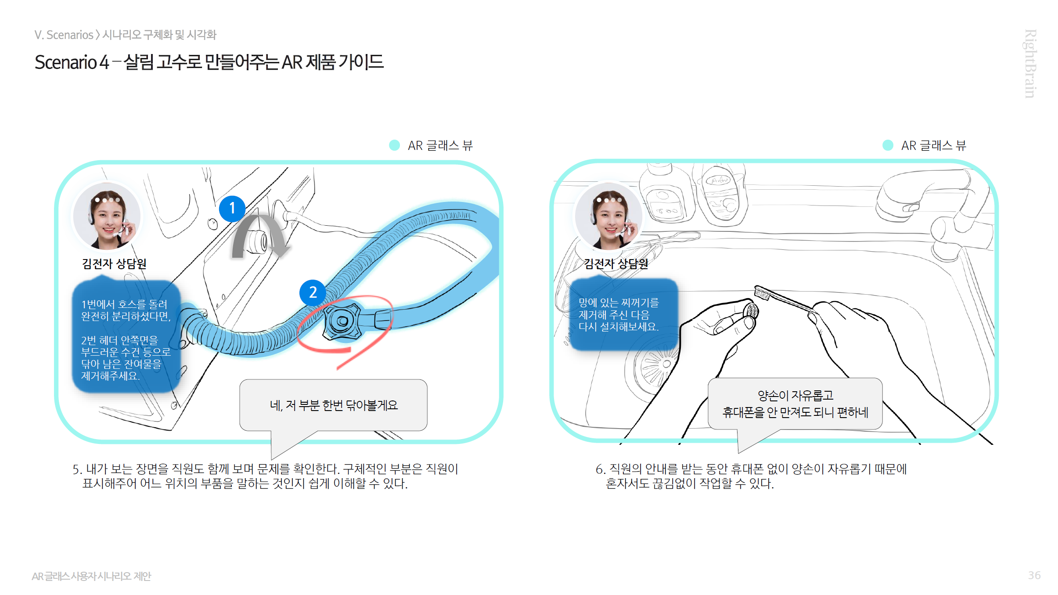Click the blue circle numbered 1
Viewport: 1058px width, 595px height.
(232, 209)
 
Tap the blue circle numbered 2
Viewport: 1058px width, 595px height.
(313, 292)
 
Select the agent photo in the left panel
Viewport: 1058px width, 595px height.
(107, 216)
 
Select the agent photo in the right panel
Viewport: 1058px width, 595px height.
(609, 216)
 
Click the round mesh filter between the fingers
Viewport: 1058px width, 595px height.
(751, 311)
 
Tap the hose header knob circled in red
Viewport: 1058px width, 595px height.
(343, 321)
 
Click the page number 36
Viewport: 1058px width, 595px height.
(1034, 575)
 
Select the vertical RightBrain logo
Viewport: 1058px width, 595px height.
(1030, 64)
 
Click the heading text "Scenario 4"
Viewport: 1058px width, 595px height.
(72, 62)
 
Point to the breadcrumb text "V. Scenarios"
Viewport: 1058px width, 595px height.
(64, 35)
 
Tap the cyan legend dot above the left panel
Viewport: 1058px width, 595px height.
(394, 145)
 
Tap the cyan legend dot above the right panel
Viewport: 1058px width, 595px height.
(888, 145)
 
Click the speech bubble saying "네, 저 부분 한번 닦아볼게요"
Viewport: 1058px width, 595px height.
(333, 405)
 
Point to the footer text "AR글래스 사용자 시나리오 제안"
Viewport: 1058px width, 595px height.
(91, 576)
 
